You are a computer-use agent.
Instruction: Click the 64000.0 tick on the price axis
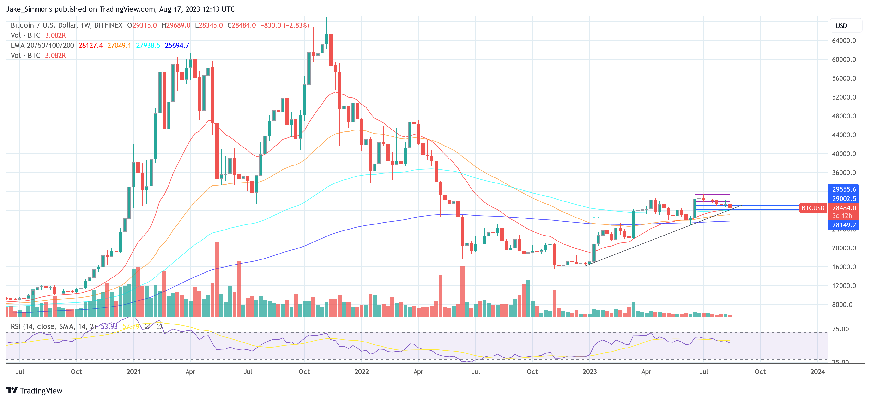point(844,41)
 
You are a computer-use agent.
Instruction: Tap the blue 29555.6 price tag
point(844,189)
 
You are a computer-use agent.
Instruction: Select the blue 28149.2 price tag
point(844,225)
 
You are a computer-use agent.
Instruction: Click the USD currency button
point(841,26)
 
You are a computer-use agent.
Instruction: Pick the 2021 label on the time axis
point(133,372)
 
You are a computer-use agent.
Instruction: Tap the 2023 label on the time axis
point(589,372)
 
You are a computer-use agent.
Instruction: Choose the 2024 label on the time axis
point(817,372)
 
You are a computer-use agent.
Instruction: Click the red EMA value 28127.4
point(91,45)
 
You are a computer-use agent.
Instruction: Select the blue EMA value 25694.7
point(177,45)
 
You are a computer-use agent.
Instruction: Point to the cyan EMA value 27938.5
point(148,45)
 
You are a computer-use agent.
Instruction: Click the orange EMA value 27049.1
point(119,45)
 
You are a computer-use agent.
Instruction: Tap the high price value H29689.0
point(176,25)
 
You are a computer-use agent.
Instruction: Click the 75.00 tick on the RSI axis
point(840,329)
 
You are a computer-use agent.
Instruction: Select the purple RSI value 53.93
point(109,326)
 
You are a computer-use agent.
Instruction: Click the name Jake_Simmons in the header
point(29,9)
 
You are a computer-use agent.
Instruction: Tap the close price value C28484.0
point(242,25)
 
